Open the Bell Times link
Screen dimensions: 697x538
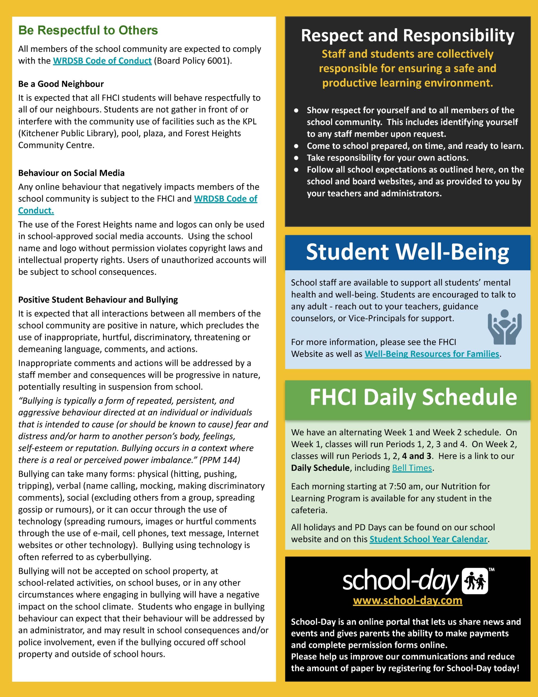pos(412,468)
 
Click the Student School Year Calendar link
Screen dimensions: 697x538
pos(429,539)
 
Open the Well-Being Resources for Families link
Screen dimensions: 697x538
pos(432,354)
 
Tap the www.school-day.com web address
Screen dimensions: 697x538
pos(407,600)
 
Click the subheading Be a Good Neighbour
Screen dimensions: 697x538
pos(61,84)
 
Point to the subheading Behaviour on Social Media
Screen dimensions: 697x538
pos(72,173)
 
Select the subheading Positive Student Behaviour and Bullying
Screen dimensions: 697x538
pos(98,300)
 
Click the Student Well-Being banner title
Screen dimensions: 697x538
pos(407,252)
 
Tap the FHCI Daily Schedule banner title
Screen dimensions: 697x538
pos(413,397)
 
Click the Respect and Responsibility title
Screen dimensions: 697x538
pos(407,35)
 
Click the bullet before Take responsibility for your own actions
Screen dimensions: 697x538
pos(296,158)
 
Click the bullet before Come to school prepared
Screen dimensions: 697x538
pos(296,146)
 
